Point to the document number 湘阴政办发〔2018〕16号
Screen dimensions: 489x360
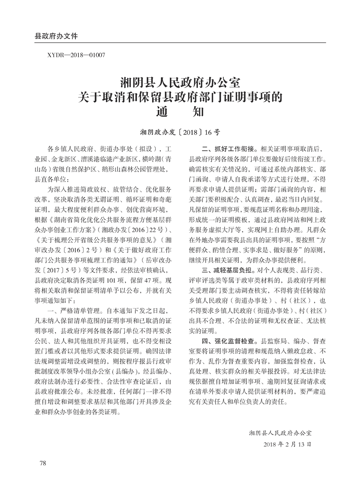(180, 133)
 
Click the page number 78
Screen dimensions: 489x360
(44, 463)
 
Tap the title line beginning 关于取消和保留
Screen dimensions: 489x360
(180, 97)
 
